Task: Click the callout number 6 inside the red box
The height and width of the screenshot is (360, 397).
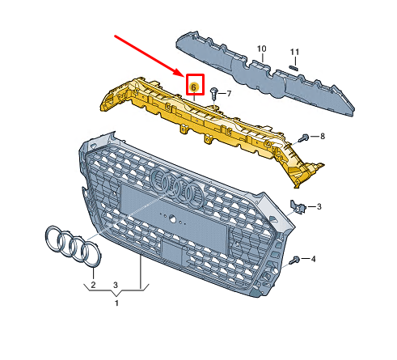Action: (194, 87)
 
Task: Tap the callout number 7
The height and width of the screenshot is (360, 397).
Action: (229, 94)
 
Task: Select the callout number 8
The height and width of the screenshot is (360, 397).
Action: (323, 136)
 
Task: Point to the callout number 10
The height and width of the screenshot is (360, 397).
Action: (261, 49)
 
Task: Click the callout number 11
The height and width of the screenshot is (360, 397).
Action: (294, 52)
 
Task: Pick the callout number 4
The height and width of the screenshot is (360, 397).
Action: (313, 259)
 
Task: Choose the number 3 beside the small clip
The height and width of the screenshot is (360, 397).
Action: (319, 206)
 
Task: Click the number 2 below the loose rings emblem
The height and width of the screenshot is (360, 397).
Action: (93, 285)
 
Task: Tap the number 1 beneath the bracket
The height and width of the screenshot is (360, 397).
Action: (116, 303)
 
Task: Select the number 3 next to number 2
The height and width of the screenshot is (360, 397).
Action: (116, 285)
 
